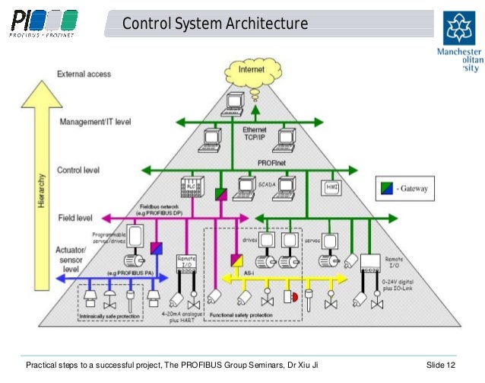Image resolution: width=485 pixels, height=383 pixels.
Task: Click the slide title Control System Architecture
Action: pyautogui.click(x=215, y=24)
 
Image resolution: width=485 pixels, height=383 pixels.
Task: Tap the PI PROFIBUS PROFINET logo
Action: pyautogui.click(x=43, y=23)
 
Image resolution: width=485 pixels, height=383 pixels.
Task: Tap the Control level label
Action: pyautogui.click(x=81, y=169)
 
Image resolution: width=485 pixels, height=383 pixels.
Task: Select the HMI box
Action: pyautogui.click(x=331, y=186)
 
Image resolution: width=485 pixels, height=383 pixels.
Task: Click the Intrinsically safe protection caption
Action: pyautogui.click(x=112, y=314)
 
